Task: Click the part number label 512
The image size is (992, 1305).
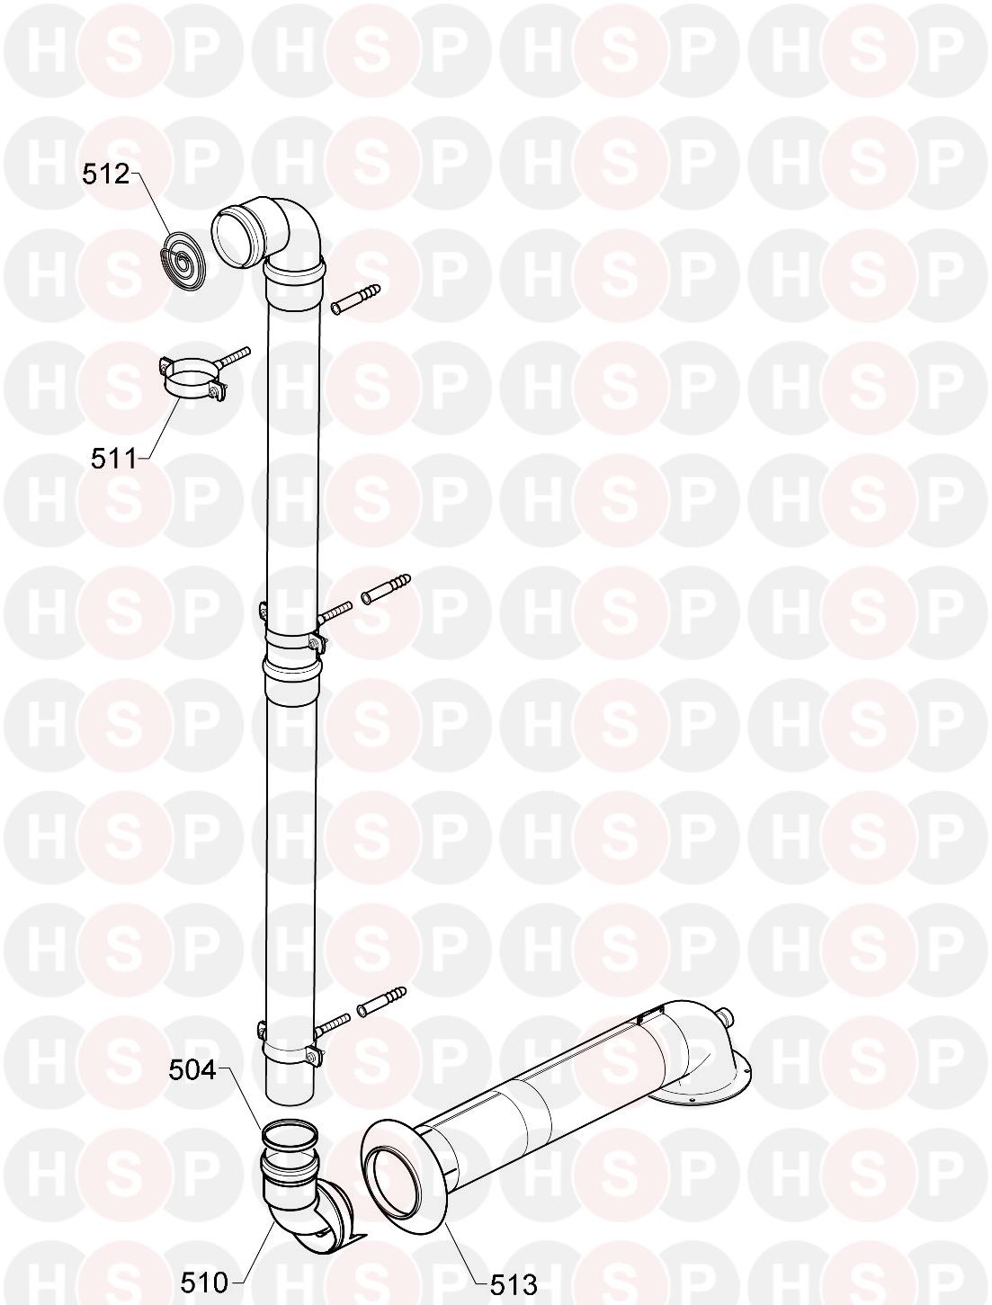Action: coord(107,174)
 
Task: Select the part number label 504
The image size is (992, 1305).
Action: coord(193,1069)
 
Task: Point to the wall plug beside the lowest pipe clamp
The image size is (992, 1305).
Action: coord(381,1001)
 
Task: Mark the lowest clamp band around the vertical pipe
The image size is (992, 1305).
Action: coord(290,1053)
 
